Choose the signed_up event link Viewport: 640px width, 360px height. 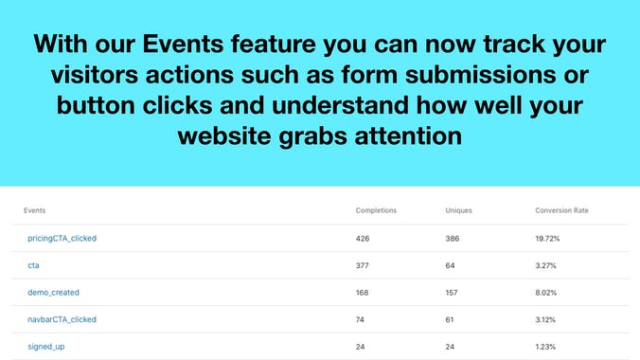(45, 347)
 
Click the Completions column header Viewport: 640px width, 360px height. (376, 210)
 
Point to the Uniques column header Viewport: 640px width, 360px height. (458, 210)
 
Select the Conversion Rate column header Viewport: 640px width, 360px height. (561, 210)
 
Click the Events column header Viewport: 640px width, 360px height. (35, 210)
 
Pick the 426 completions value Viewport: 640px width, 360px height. (364, 238)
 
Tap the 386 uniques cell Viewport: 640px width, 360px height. (453, 238)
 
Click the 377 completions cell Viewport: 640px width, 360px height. (364, 265)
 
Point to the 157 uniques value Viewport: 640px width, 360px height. (453, 293)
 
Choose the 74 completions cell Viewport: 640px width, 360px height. (361, 319)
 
